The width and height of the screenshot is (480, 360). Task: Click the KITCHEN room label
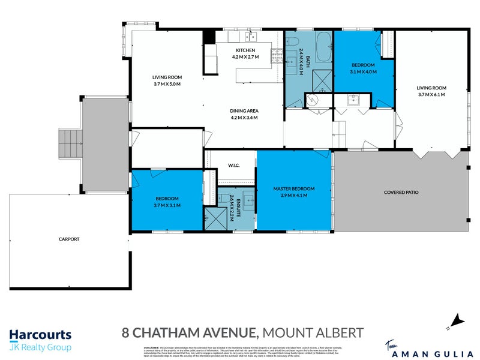pos(245,50)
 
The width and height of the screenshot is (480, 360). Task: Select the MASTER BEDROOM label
pos(294,189)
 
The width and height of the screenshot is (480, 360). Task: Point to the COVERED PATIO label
pos(401,193)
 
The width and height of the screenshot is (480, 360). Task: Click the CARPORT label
pos(69,239)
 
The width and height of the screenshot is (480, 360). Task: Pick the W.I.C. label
pos(234,166)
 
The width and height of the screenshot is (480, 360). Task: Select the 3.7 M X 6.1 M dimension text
pos(432,95)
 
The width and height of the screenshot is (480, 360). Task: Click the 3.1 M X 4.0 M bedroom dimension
pos(363,72)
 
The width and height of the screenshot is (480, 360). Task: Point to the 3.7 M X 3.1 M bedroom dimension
pos(167,205)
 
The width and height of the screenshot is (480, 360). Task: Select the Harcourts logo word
pos(40,335)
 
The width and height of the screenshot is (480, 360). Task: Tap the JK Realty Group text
pos(40,347)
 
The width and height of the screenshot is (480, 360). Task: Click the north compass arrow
pos(458,320)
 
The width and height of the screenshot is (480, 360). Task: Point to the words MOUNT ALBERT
pos(314,332)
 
